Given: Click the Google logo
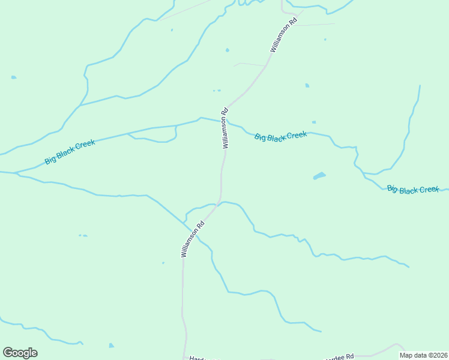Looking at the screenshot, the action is point(20,353).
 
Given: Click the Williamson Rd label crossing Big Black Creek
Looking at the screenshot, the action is point(226,128).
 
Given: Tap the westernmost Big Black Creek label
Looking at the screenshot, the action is point(70,152).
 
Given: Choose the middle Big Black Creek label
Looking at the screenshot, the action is point(280,136).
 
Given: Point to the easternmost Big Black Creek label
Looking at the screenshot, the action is point(413,190).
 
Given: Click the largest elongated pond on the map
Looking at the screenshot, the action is point(319,176).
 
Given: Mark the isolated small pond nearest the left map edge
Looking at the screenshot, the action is point(13,77).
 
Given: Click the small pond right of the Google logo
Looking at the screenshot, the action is point(112,346).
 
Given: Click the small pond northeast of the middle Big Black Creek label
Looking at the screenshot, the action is point(307,86).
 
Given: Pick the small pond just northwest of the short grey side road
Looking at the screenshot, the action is point(227,50).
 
